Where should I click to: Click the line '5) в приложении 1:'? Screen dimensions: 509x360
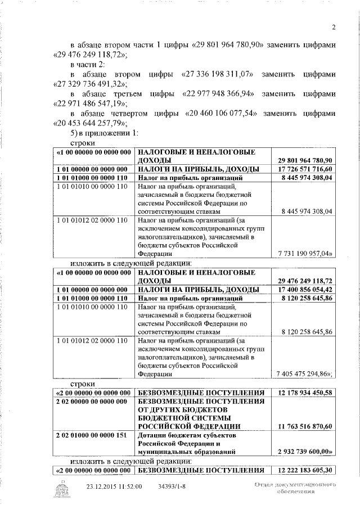100,133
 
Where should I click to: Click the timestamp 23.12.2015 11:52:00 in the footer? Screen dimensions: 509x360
114,487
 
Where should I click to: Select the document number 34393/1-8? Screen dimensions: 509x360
174,487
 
